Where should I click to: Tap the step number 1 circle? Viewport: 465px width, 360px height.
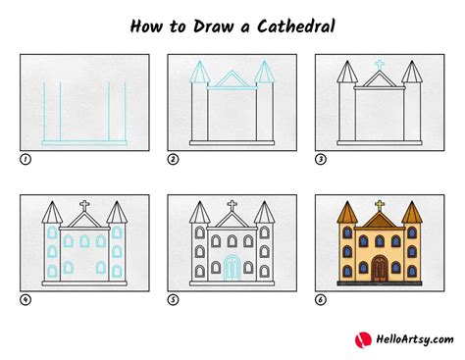tap(25, 158)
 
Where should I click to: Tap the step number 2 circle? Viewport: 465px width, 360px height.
tap(172, 158)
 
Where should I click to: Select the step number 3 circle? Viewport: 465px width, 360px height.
tap(320, 158)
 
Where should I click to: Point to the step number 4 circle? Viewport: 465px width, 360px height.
tap(25, 299)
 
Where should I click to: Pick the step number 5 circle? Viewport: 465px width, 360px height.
tap(172, 299)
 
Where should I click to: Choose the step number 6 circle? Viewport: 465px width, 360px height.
tap(320, 299)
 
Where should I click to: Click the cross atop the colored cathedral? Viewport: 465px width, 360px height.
tap(379, 208)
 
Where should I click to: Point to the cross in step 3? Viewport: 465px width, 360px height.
tap(379, 66)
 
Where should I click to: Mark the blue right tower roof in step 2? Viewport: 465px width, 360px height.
tap(266, 73)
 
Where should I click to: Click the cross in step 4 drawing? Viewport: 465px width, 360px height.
tap(84, 208)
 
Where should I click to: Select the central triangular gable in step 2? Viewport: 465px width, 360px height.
tap(232, 80)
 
